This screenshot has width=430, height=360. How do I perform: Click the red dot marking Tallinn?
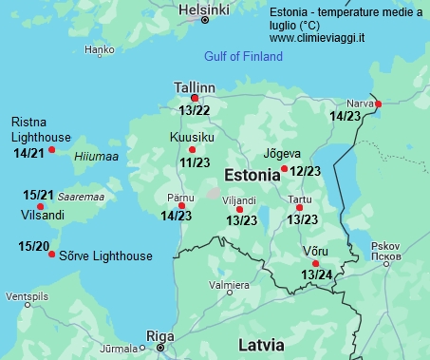(x=195, y=98)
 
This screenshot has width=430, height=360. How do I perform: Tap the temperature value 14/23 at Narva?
(x=345, y=116)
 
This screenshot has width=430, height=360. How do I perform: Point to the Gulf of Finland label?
(x=244, y=57)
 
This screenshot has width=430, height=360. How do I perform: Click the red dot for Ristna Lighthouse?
(x=52, y=149)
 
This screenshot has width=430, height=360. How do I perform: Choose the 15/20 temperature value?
(x=34, y=247)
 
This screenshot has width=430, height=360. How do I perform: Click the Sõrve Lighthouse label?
(x=105, y=256)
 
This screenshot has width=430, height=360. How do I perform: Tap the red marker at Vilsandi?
(x=40, y=206)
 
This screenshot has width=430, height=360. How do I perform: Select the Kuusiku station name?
(x=191, y=138)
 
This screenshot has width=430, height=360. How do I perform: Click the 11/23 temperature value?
(x=195, y=162)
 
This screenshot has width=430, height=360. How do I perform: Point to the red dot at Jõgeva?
(x=284, y=169)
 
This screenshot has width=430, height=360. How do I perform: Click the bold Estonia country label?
(x=252, y=176)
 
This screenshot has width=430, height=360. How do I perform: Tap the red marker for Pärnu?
(x=181, y=205)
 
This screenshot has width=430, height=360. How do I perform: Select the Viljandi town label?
(x=239, y=200)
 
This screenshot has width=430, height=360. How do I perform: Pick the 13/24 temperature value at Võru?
(x=316, y=275)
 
